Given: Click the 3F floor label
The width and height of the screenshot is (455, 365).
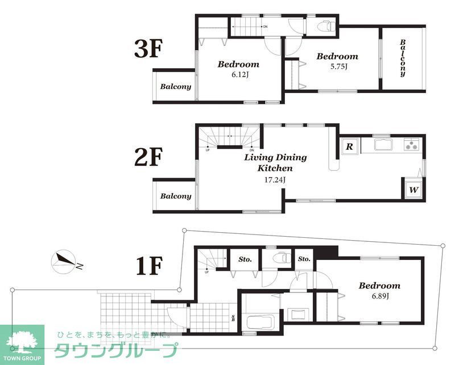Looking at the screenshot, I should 148,49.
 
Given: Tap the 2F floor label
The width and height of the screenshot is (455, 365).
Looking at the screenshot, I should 148,158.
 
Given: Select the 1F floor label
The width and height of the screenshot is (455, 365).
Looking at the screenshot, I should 150,265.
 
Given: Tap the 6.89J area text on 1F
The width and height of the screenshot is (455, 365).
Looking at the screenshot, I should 379,296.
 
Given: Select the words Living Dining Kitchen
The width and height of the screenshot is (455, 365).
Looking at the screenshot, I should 275,162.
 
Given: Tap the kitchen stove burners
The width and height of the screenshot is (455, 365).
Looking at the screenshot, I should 411,145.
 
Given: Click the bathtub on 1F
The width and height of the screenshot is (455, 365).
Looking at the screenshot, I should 260,324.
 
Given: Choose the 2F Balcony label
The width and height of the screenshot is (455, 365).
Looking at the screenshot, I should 175,196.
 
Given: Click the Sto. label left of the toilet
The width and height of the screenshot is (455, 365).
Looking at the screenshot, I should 245,259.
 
